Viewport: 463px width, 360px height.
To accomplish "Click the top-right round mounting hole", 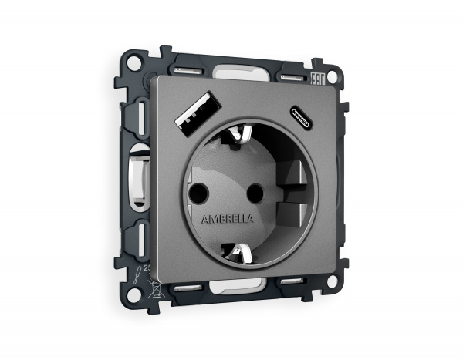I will (333, 77).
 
